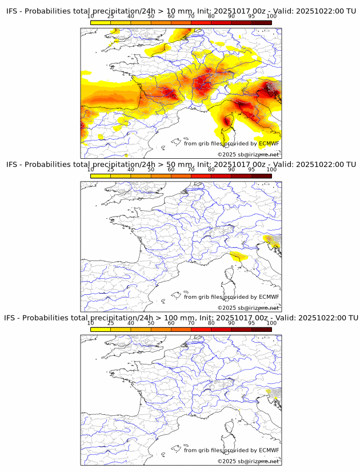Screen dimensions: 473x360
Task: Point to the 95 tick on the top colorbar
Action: (x=251, y=17)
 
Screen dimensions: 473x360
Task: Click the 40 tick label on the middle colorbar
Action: (x=131, y=170)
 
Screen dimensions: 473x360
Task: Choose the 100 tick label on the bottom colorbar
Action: (x=271, y=323)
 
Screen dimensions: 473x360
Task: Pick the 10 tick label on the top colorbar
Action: (x=91, y=17)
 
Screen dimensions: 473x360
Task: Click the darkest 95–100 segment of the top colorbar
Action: (x=261, y=22)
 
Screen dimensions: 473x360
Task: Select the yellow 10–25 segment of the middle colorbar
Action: (x=101, y=175)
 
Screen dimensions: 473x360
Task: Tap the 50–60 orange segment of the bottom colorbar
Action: (x=161, y=328)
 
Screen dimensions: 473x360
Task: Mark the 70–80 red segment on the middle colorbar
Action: (x=201, y=175)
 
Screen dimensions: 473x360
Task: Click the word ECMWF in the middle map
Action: (x=269, y=296)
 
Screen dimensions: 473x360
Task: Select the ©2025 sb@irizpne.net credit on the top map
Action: (x=248, y=155)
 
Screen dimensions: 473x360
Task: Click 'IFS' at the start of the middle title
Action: (x=13, y=165)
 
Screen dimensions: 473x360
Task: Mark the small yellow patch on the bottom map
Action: (x=269, y=391)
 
